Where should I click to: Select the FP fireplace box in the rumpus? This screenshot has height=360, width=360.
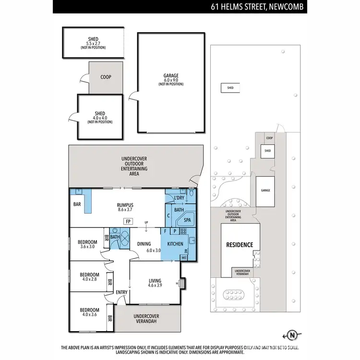128,221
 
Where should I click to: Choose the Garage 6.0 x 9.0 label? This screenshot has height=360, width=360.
171,79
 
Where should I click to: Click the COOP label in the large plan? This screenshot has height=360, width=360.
106,77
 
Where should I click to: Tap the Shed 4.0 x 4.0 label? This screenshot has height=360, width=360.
100,116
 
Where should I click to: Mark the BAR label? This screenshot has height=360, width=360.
77,204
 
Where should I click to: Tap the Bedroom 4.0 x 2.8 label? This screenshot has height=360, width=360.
89,278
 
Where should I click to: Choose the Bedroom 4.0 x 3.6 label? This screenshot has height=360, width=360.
89,312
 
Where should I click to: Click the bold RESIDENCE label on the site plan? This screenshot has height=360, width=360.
240,245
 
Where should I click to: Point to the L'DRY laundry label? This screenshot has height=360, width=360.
179,198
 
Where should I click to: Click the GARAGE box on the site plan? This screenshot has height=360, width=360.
265,191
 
